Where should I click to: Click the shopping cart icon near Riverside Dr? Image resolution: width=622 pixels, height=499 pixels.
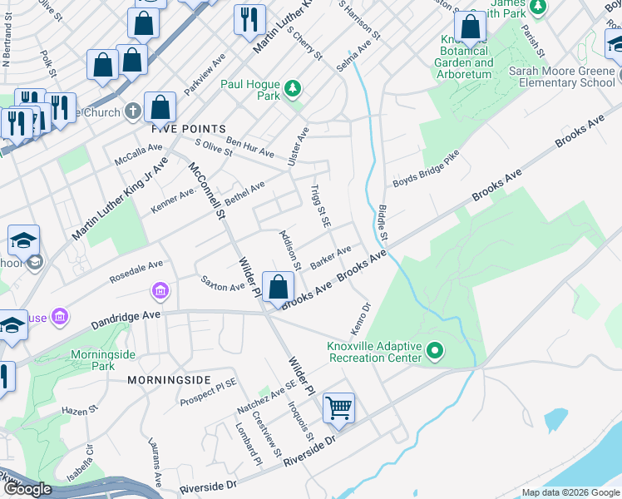tap(338, 408)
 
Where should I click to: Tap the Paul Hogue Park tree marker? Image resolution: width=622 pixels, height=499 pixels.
tap(292, 87)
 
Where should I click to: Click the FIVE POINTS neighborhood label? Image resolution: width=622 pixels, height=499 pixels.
tap(188, 129)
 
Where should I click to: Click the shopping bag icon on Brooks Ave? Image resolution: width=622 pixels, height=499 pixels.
tap(278, 289)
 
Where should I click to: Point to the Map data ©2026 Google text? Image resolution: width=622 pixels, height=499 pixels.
tap(570, 492)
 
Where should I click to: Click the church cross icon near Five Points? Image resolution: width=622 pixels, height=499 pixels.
tap(133, 111)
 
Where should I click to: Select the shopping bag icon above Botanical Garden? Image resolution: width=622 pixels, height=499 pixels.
tap(471, 29)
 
